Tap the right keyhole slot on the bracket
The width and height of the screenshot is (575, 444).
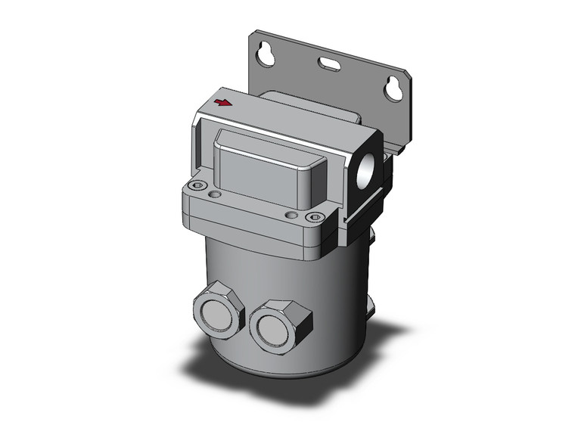[x=393, y=88]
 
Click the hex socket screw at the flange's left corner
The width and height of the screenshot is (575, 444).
[x=199, y=185]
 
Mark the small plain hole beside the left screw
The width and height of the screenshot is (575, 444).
[x=216, y=195]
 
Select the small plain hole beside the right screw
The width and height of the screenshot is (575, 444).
[x=292, y=216]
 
